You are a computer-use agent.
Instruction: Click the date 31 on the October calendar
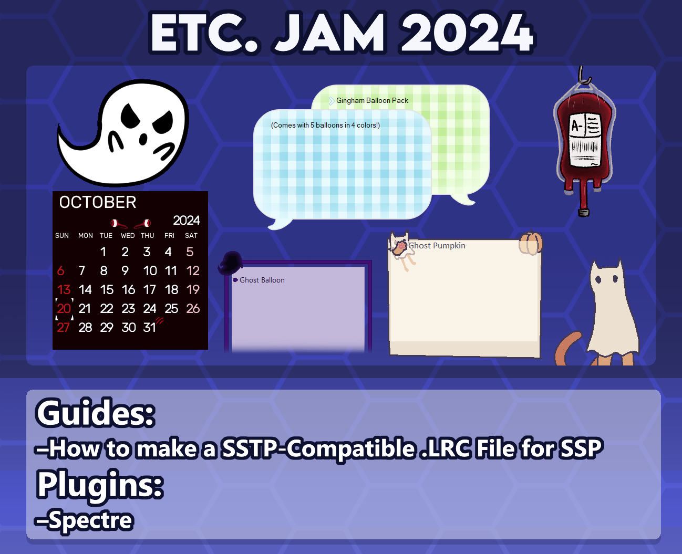pos(149,327)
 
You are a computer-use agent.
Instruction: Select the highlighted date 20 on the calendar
pos(64,309)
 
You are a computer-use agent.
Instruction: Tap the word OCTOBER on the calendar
pos(98,202)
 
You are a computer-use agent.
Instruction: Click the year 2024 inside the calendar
pos(187,220)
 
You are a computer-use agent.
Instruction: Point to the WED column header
pos(128,236)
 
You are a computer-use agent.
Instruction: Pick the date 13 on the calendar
pos(64,290)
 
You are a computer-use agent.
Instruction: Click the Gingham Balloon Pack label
pos(372,100)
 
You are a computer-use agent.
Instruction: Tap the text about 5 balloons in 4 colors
pos(325,125)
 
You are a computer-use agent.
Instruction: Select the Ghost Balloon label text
pos(262,280)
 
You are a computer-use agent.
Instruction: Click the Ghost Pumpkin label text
pos(437,245)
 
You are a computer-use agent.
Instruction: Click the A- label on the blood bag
pos(577,126)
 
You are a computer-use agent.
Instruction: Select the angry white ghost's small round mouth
pos(143,139)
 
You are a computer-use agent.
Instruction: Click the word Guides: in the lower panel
pos(96,413)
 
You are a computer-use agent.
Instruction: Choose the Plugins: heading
pos(100,485)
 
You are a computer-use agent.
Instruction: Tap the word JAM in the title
pos(330,32)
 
